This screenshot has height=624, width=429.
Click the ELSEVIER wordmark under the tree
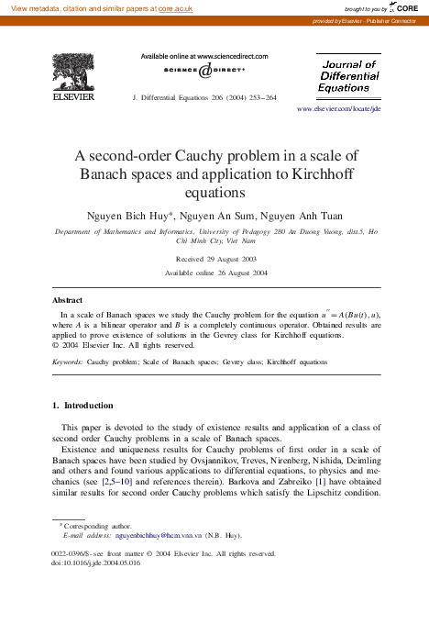tap(70, 93)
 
